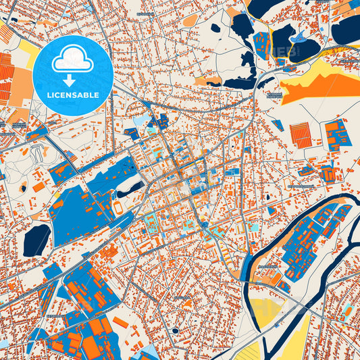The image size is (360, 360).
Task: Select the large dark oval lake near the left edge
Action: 37,240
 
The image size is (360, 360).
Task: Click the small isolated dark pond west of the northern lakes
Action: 216,28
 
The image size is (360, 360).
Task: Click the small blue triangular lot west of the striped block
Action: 278,126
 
